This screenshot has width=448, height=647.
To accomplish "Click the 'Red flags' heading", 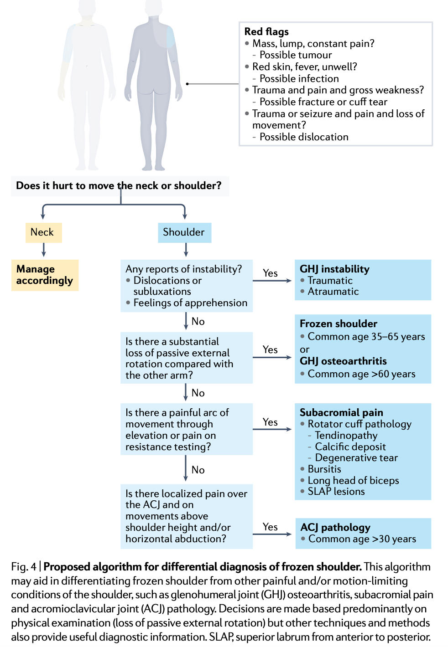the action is pyautogui.click(x=266, y=31).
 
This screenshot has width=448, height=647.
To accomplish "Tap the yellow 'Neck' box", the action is pyautogui.click(x=44, y=232).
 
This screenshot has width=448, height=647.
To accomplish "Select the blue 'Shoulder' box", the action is pyautogui.click(x=184, y=232).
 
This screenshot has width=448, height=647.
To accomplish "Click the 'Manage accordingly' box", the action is pyautogui.click(x=45, y=275).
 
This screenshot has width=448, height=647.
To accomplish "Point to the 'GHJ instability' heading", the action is pyautogui.click(x=334, y=269).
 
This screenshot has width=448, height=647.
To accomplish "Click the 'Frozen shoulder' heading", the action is pyautogui.click(x=339, y=324).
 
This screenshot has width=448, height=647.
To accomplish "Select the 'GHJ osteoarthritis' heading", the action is pyautogui.click(x=343, y=361).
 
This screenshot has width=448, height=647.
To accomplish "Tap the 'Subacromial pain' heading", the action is pyautogui.click(x=341, y=412).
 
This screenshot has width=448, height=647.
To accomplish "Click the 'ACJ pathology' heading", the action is pyautogui.click(x=335, y=528).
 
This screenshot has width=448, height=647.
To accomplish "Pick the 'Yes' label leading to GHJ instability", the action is pyautogui.click(x=270, y=273).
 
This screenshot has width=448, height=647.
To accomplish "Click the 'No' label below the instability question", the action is pyautogui.click(x=198, y=322).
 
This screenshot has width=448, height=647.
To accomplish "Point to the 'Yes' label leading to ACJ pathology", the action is pyautogui.click(x=270, y=527).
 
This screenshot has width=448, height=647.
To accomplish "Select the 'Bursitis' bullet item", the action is pyautogui.click(x=324, y=469).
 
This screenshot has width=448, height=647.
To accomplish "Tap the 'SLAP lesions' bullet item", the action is pyautogui.click(x=336, y=491).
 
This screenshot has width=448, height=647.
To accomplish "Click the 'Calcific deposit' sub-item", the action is pyautogui.click(x=350, y=447).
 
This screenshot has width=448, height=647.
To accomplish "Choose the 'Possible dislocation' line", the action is pyautogui.click(x=304, y=137).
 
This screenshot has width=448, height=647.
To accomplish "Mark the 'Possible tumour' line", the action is pyautogui.click(x=296, y=55).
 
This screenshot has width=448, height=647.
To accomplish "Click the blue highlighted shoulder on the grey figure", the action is pyautogui.click(x=171, y=37).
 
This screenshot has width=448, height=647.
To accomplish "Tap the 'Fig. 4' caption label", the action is pyautogui.click(x=24, y=567).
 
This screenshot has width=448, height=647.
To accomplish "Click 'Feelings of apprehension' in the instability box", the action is pyautogui.click(x=190, y=303).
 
